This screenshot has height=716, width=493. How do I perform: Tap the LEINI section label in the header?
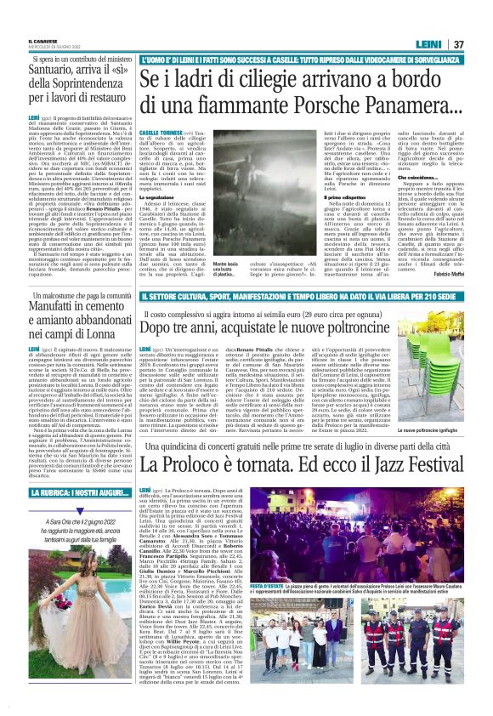pos(439,20)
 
